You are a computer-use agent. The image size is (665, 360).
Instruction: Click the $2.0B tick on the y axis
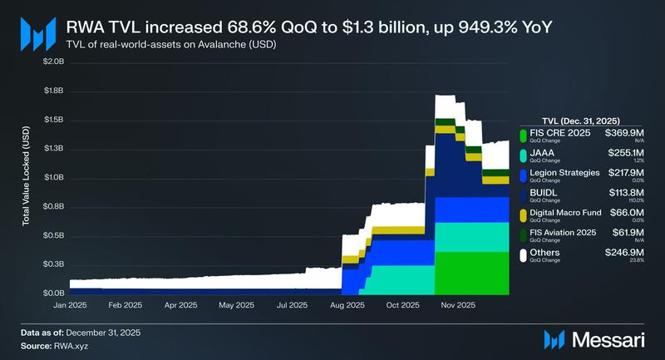(x=53, y=62)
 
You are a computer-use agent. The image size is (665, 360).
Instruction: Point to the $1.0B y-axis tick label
(x=53, y=178)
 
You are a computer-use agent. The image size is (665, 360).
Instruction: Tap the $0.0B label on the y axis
(x=53, y=293)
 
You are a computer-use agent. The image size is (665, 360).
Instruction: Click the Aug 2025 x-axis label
(x=347, y=306)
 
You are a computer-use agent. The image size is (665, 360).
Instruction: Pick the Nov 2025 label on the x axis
(x=458, y=306)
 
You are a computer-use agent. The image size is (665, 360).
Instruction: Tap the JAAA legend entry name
(x=541, y=153)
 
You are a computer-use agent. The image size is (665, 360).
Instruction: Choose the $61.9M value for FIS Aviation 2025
(x=629, y=233)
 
